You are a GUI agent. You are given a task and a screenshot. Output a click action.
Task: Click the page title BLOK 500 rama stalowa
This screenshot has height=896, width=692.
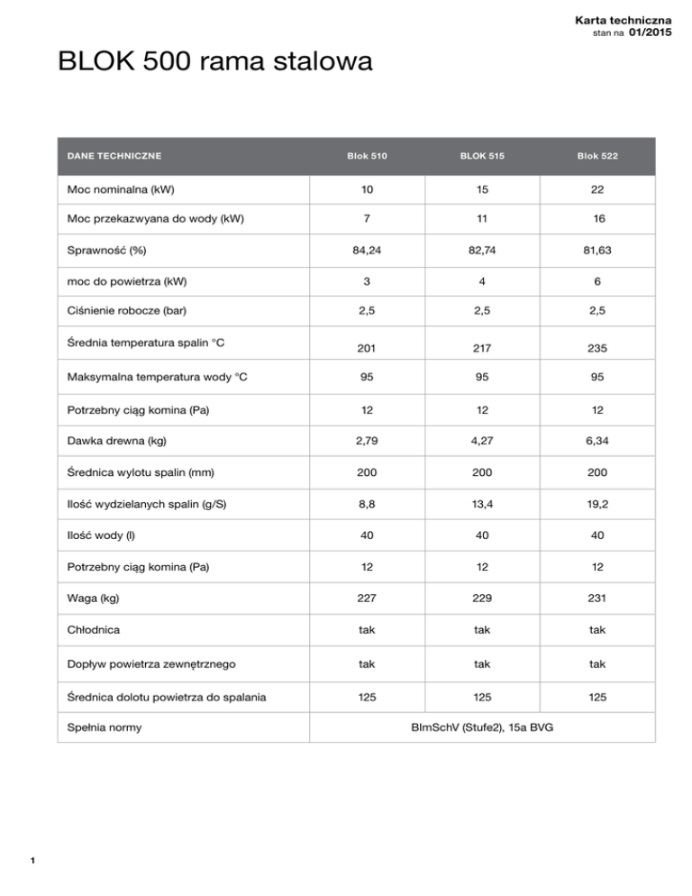click(x=214, y=64)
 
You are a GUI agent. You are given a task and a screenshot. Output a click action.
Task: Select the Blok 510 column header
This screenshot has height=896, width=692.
click(x=367, y=156)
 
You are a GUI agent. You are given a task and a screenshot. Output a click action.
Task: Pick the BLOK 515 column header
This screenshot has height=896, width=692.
click(x=481, y=156)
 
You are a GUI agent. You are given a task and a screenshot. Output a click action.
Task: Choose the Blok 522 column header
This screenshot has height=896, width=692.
click(x=597, y=156)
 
